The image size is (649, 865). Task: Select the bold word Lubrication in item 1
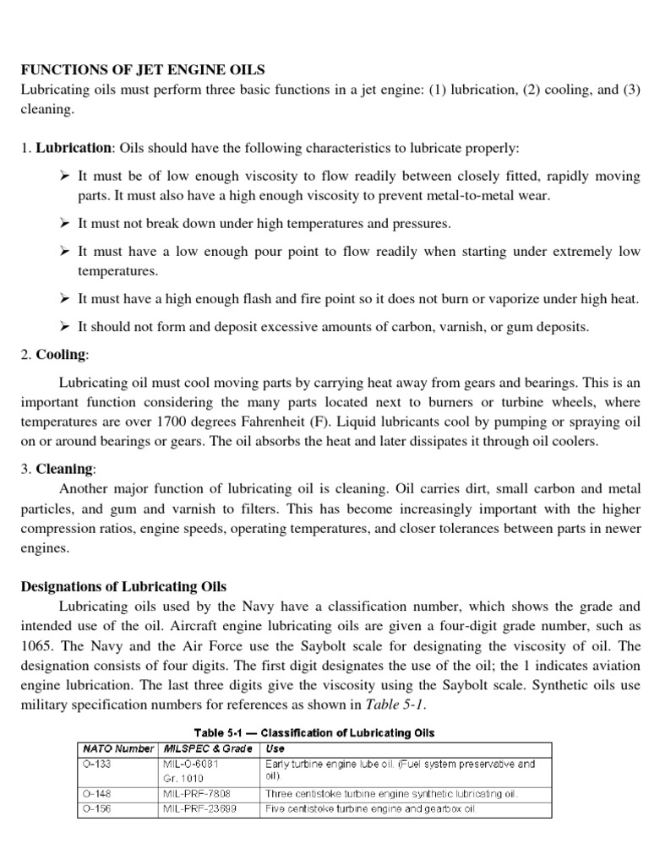coord(73,148)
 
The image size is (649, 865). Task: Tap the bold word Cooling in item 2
coord(61,354)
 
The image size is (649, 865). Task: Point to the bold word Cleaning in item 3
coord(63,467)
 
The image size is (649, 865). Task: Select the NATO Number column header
coord(117,748)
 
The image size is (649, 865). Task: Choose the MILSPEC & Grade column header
coord(208,748)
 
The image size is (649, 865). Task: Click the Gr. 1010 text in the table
coord(184,777)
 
